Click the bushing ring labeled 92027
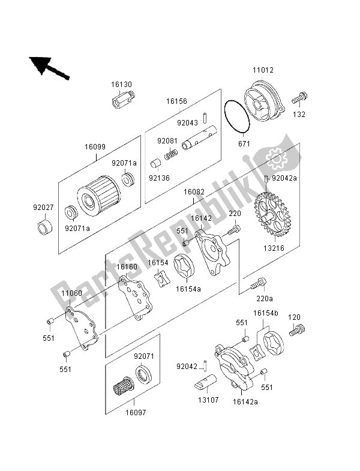pos(44,229)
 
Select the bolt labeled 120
pos(298,329)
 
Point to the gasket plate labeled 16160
pos(136,298)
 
